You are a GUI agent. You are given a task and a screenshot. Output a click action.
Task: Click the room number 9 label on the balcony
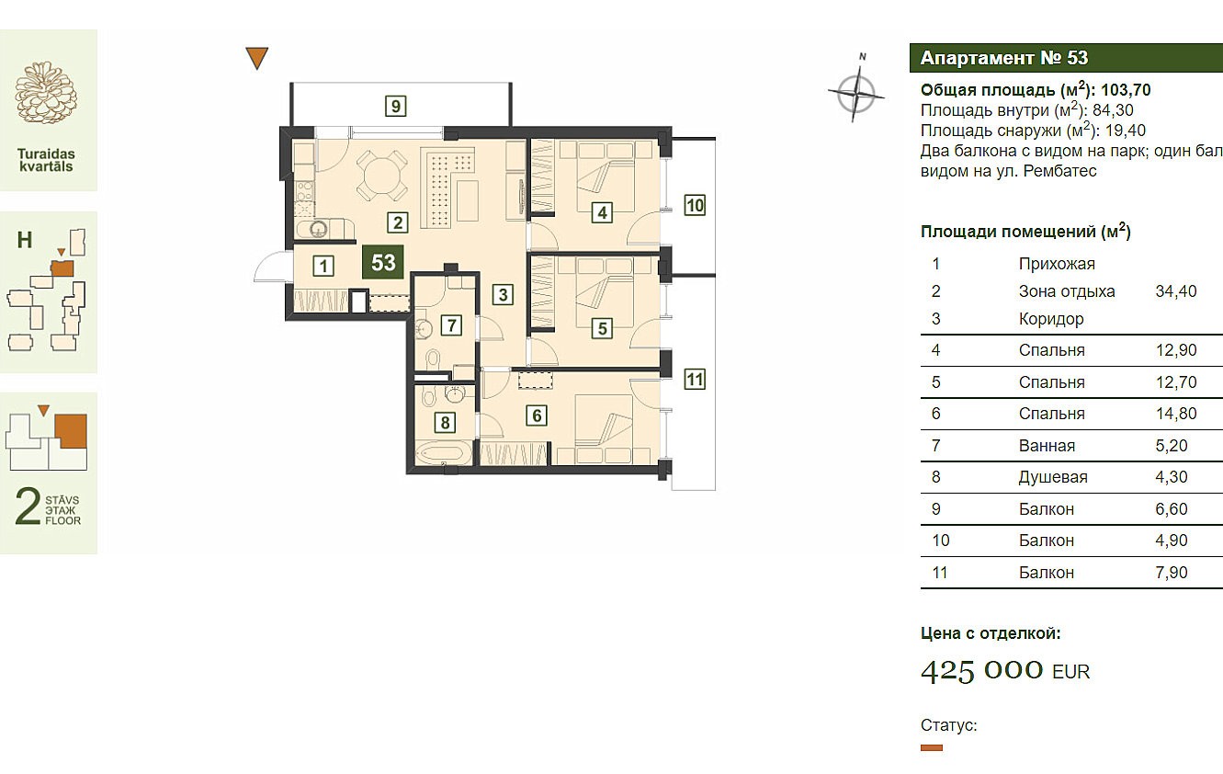(396, 106)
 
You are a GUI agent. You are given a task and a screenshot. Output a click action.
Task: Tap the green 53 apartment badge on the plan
(383, 262)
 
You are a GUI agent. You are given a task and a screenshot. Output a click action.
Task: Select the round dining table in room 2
(381, 176)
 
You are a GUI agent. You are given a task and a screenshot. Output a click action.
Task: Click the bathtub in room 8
(443, 454)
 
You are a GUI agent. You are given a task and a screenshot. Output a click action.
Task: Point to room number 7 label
(451, 325)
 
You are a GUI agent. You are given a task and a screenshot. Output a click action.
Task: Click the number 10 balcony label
(695, 205)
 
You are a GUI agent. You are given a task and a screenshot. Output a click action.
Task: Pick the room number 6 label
(537, 415)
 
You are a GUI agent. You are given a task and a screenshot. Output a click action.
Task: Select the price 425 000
(981, 670)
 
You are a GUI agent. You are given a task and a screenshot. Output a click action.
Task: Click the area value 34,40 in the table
(1176, 291)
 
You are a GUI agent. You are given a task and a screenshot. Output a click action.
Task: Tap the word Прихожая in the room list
(1057, 264)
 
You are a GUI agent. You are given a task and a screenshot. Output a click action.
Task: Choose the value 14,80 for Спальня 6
(1176, 414)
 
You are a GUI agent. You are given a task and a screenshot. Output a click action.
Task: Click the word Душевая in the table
(1053, 477)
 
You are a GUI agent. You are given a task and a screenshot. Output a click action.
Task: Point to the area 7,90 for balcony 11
(1172, 573)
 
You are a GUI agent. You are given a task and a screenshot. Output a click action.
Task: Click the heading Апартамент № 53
(1004, 58)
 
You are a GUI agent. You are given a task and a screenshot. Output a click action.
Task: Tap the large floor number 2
(28, 507)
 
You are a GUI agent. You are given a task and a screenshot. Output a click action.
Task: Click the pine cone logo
(47, 92)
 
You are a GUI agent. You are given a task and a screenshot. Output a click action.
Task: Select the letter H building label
(25, 240)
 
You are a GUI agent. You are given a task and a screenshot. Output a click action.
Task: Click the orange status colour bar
(932, 747)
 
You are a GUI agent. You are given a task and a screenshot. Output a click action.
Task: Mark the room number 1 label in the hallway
(323, 266)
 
